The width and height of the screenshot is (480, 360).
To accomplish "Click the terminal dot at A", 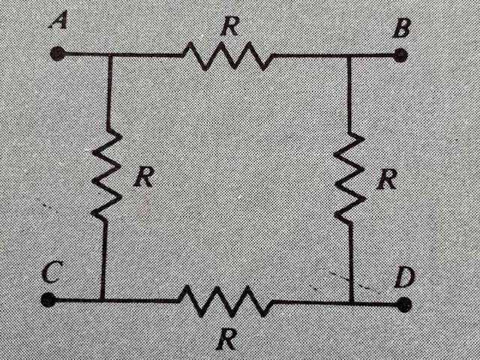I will click(x=57, y=53).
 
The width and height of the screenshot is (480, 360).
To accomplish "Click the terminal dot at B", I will click(x=400, y=55).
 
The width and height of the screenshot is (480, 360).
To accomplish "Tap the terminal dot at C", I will click(x=49, y=300).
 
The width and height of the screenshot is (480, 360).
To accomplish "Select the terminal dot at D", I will click(x=405, y=304).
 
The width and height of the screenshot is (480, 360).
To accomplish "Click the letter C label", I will click(x=50, y=273).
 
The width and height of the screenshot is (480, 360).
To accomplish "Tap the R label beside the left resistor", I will click(x=142, y=177).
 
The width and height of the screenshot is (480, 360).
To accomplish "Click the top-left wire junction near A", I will click(x=110, y=55).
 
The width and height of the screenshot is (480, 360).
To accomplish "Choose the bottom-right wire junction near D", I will click(x=351, y=304).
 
